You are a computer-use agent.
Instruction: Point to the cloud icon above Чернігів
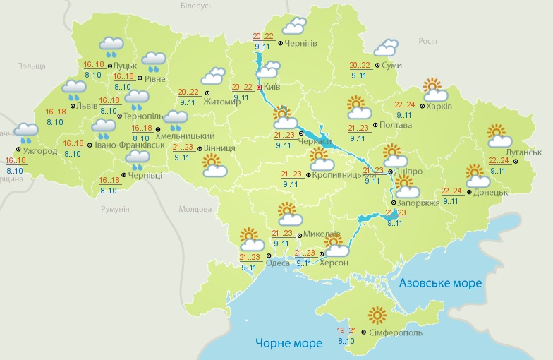(294, 26)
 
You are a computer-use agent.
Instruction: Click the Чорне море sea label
(288, 343)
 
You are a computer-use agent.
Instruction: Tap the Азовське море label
(440, 283)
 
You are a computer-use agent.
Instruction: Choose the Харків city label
(438, 107)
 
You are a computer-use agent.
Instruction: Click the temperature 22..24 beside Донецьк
(451, 191)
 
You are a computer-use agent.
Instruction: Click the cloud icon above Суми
(385, 48)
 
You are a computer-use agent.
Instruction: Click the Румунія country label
(114, 209)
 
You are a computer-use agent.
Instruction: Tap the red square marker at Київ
(259, 87)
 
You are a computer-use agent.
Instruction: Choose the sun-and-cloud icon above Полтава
(359, 108)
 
